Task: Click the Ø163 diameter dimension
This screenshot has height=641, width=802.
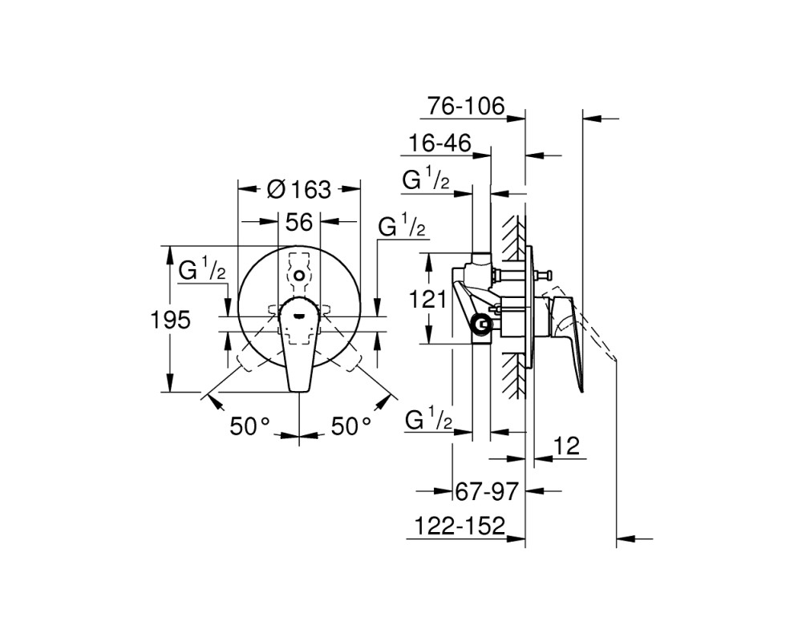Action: click(299, 190)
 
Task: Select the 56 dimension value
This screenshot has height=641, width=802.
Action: click(298, 223)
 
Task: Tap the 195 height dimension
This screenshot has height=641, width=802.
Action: click(170, 320)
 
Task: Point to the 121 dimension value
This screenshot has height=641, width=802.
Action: click(427, 299)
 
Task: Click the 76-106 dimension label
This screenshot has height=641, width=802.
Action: click(466, 107)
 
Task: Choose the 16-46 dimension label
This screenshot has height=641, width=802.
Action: click(439, 143)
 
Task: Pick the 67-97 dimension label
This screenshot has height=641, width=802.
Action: click(487, 492)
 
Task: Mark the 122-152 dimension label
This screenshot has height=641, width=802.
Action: click(460, 526)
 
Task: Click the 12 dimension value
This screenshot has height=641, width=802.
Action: click(567, 446)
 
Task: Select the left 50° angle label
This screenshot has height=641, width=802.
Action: click(249, 425)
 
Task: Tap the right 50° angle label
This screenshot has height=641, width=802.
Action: click(351, 425)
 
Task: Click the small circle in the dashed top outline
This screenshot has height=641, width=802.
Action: click(299, 276)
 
